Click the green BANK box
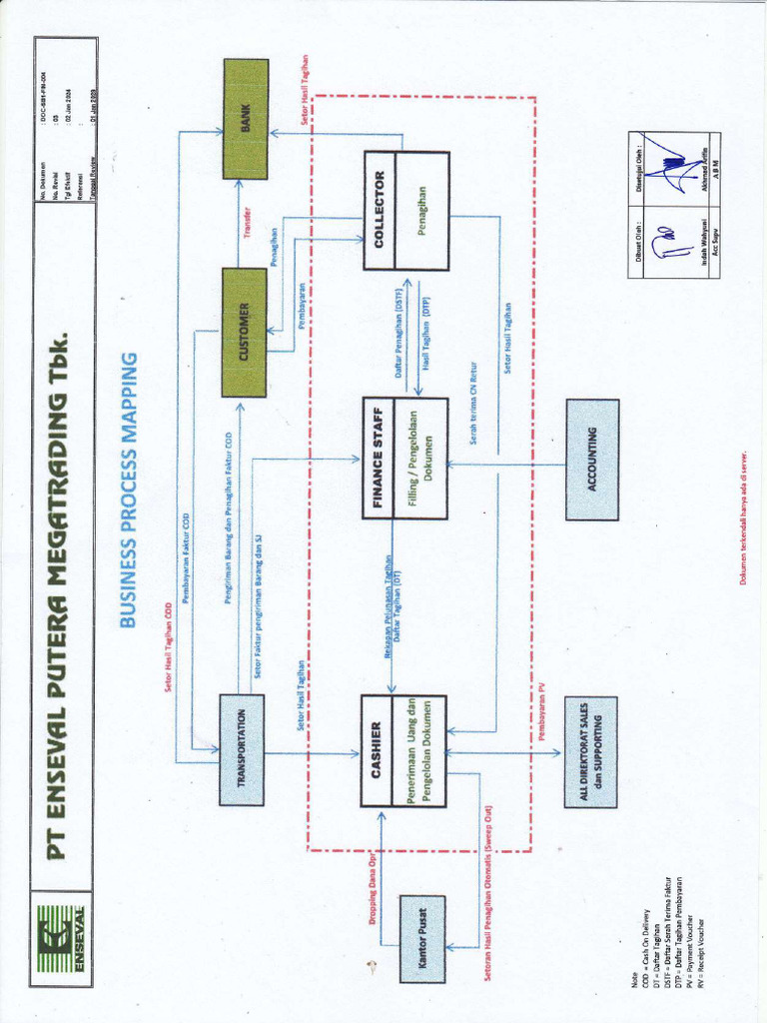pyautogui.click(x=245, y=118)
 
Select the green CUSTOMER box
pyautogui.click(x=244, y=333)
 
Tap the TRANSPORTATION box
pyautogui.click(x=241, y=749)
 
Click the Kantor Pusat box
pyautogui.click(x=422, y=938)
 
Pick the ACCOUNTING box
pyautogui.click(x=592, y=459)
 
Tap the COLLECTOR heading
pyautogui.click(x=379, y=210)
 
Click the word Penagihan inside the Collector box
pyautogui.click(x=422, y=210)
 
